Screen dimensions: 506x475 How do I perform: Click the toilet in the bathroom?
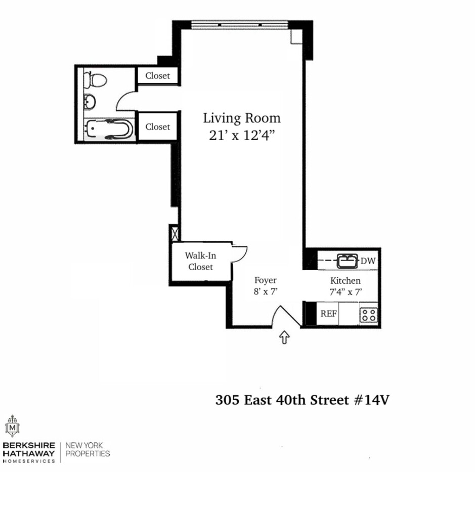click(x=96, y=79)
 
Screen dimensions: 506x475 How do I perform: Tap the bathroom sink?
click(x=90, y=102)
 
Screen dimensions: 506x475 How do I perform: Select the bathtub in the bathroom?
click(x=109, y=130)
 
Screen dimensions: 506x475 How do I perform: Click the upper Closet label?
click(x=158, y=76)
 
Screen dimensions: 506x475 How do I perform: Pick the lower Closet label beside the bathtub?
click(x=158, y=127)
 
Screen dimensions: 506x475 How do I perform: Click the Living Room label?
click(x=242, y=118)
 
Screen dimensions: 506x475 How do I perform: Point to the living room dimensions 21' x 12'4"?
click(x=242, y=136)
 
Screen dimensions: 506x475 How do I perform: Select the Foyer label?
click(x=266, y=280)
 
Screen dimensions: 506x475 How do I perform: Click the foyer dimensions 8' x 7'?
click(x=266, y=291)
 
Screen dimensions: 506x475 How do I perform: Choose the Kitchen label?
click(x=346, y=280)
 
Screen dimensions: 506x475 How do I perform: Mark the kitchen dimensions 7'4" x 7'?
click(x=346, y=291)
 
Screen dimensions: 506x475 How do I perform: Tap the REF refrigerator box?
click(x=328, y=314)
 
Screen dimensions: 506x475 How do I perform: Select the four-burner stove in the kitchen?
click(x=368, y=315)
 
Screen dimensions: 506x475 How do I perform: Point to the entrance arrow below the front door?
click(x=284, y=338)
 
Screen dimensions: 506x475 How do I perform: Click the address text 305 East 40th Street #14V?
click(x=303, y=400)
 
